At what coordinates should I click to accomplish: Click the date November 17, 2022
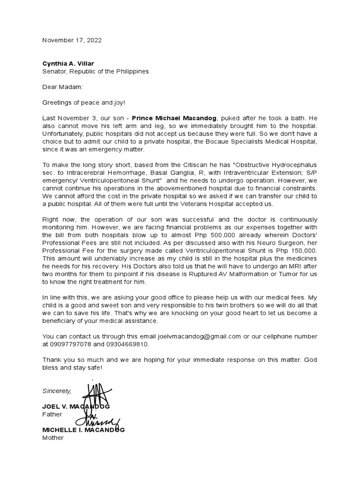coord(72,40)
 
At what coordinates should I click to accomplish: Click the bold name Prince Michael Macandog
coord(173,118)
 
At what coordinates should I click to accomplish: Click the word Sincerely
coord(57,390)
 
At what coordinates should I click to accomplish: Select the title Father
coord(52,414)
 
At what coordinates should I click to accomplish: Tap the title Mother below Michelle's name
coord(52,438)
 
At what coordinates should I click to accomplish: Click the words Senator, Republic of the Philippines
coord(96,71)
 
